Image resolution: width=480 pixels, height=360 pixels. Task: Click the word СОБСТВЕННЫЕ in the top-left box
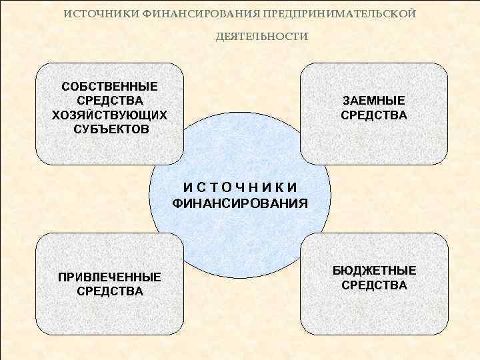[110, 87]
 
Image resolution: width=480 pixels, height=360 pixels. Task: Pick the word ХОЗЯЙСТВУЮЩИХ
[110, 115]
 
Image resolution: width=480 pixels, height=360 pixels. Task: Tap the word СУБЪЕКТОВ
[110, 129]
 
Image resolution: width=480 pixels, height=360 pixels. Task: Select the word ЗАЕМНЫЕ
[374, 101]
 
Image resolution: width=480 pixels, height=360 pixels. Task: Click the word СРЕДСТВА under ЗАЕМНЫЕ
[374, 115]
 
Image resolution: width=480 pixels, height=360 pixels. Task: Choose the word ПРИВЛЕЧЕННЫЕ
[110, 277]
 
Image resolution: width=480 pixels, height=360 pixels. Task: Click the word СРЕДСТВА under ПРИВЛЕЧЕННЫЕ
[110, 291]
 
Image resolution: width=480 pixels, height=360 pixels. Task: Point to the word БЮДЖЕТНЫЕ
[375, 271]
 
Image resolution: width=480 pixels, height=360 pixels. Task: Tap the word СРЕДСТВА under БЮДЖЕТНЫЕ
[375, 285]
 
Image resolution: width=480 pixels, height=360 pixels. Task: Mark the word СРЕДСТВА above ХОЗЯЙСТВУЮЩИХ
[110, 101]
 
